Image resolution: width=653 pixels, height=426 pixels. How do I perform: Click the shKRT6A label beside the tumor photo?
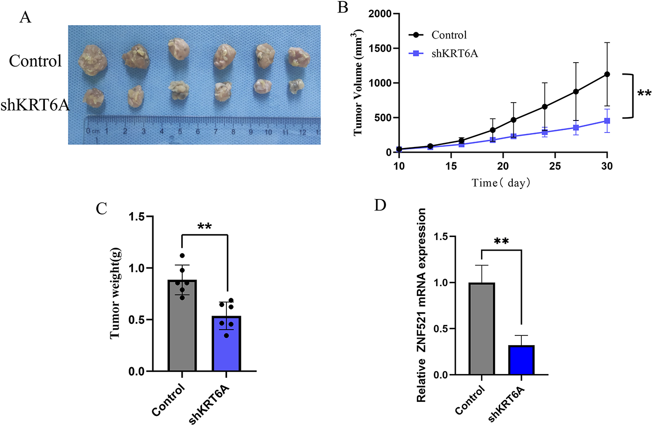pos(35,105)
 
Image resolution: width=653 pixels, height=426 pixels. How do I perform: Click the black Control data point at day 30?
pos(607,74)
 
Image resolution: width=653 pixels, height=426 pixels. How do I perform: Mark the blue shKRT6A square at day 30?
pos(607,120)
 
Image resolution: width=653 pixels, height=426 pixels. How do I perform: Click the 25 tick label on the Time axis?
pos(555,165)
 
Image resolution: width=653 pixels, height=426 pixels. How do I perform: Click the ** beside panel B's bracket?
pos(644,93)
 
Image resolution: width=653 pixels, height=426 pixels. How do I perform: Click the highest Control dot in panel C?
pos(182,255)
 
